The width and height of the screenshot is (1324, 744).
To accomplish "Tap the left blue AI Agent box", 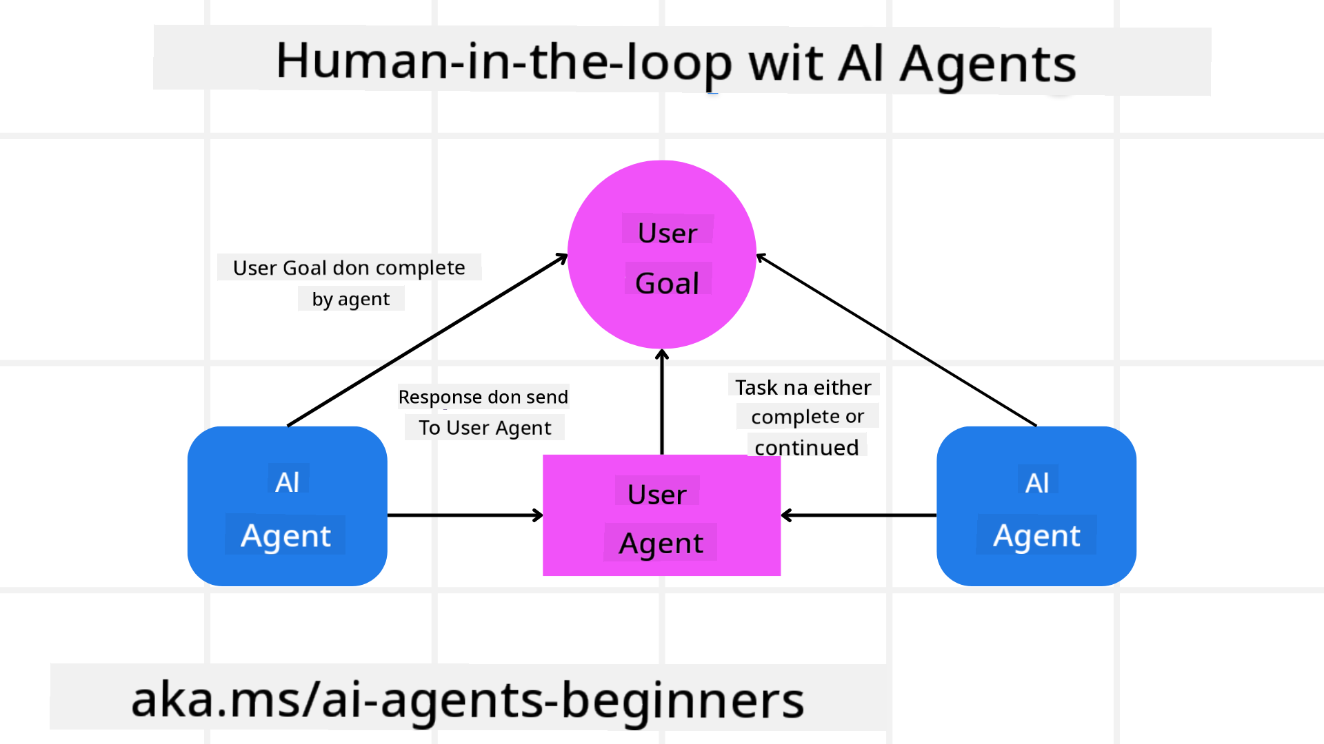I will pyautogui.click(x=287, y=507).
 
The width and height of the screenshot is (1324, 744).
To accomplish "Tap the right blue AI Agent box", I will pyautogui.click(x=1036, y=507).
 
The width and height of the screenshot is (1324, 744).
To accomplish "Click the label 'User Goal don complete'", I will pyautogui.click(x=349, y=267).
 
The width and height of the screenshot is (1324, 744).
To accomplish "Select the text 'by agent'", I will pyautogui.click(x=350, y=299).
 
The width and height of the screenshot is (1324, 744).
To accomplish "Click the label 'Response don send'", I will pyautogui.click(x=483, y=397).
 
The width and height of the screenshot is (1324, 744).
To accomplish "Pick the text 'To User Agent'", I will pyautogui.click(x=485, y=428).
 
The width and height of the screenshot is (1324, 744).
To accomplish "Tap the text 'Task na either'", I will pyautogui.click(x=803, y=387).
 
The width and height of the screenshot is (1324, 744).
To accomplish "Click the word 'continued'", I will pyautogui.click(x=806, y=447).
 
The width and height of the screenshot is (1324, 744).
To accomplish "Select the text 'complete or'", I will pyautogui.click(x=807, y=417).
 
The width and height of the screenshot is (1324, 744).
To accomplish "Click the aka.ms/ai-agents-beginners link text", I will pyautogui.click(x=468, y=700).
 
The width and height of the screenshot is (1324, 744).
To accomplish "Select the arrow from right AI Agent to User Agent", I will pyautogui.click(x=859, y=515).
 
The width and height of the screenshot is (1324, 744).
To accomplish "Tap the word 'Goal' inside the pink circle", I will pyautogui.click(x=667, y=283).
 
